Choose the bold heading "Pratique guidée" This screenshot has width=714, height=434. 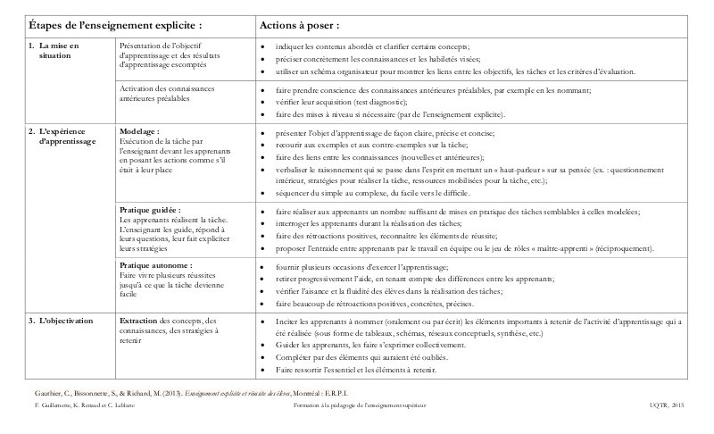tap(151, 210)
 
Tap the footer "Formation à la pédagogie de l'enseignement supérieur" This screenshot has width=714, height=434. tap(361, 406)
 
